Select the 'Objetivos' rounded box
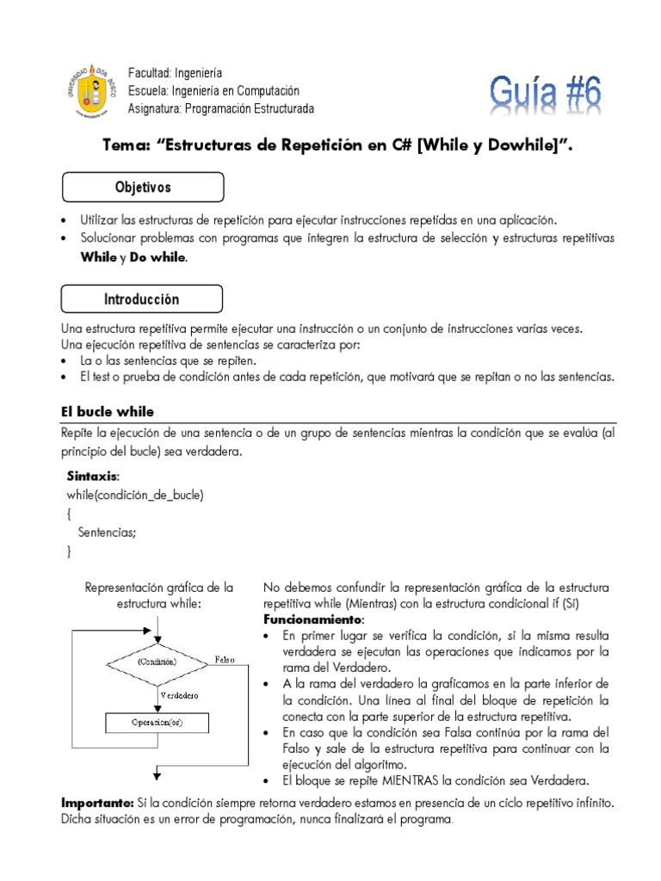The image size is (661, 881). click(x=143, y=187)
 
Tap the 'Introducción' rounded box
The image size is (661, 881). click(x=142, y=299)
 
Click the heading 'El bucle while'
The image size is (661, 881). click(x=107, y=412)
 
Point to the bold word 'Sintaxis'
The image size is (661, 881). click(x=93, y=476)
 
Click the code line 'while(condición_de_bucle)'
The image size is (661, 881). click(x=135, y=495)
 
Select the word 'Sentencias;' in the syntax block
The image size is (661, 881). click(x=107, y=533)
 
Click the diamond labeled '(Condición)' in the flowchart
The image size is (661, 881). click(x=157, y=662)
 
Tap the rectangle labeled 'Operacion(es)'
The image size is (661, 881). click(x=157, y=723)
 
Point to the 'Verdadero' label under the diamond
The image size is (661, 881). click(x=179, y=693)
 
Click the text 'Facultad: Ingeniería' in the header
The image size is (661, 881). click(x=175, y=73)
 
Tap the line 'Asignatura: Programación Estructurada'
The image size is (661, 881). click(x=220, y=108)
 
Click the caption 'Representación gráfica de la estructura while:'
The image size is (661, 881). click(x=158, y=595)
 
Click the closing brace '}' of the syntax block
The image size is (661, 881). click(x=69, y=551)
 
